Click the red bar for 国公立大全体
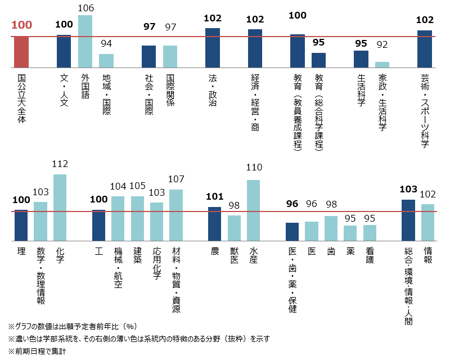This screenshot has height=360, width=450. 21,52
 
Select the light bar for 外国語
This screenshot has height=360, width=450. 85,42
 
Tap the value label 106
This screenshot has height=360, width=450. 85,8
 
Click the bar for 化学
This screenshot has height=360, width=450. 60,208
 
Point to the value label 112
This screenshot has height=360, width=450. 60,164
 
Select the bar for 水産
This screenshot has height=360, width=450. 253,210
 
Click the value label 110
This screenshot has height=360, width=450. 254,167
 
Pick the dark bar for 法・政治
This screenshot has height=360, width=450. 213,48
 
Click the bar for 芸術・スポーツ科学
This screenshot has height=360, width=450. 425,49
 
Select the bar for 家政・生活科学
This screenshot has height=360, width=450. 382,65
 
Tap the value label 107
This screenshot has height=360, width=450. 176,179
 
